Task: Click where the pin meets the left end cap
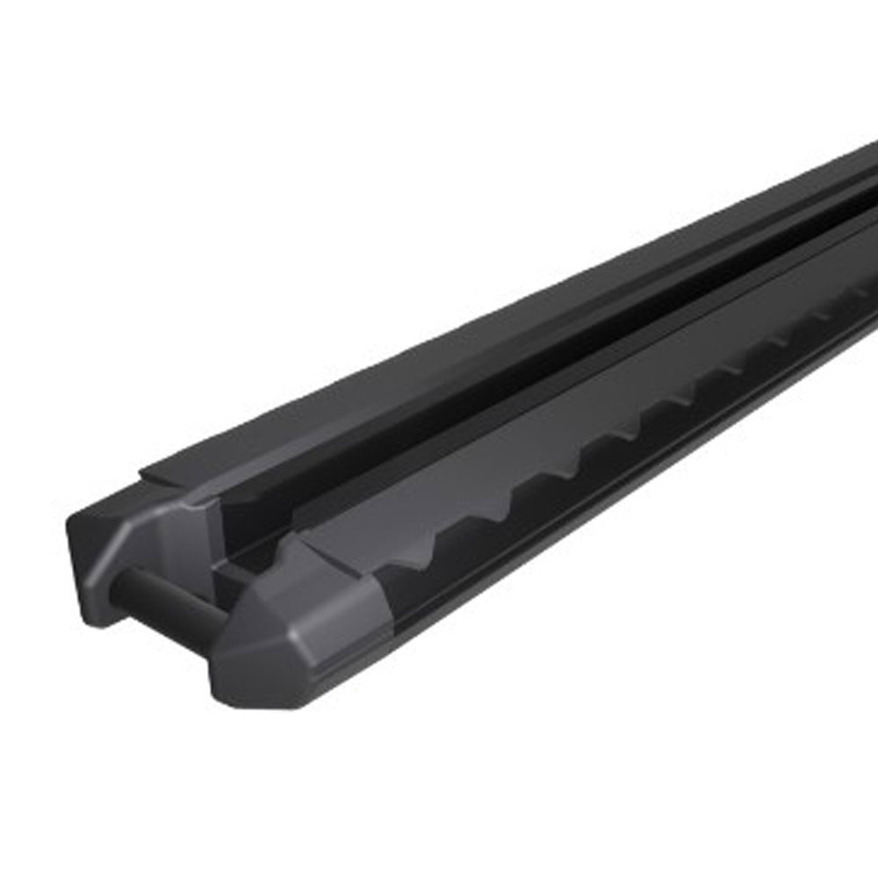tap(132, 575)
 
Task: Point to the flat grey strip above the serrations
tap(571, 413)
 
